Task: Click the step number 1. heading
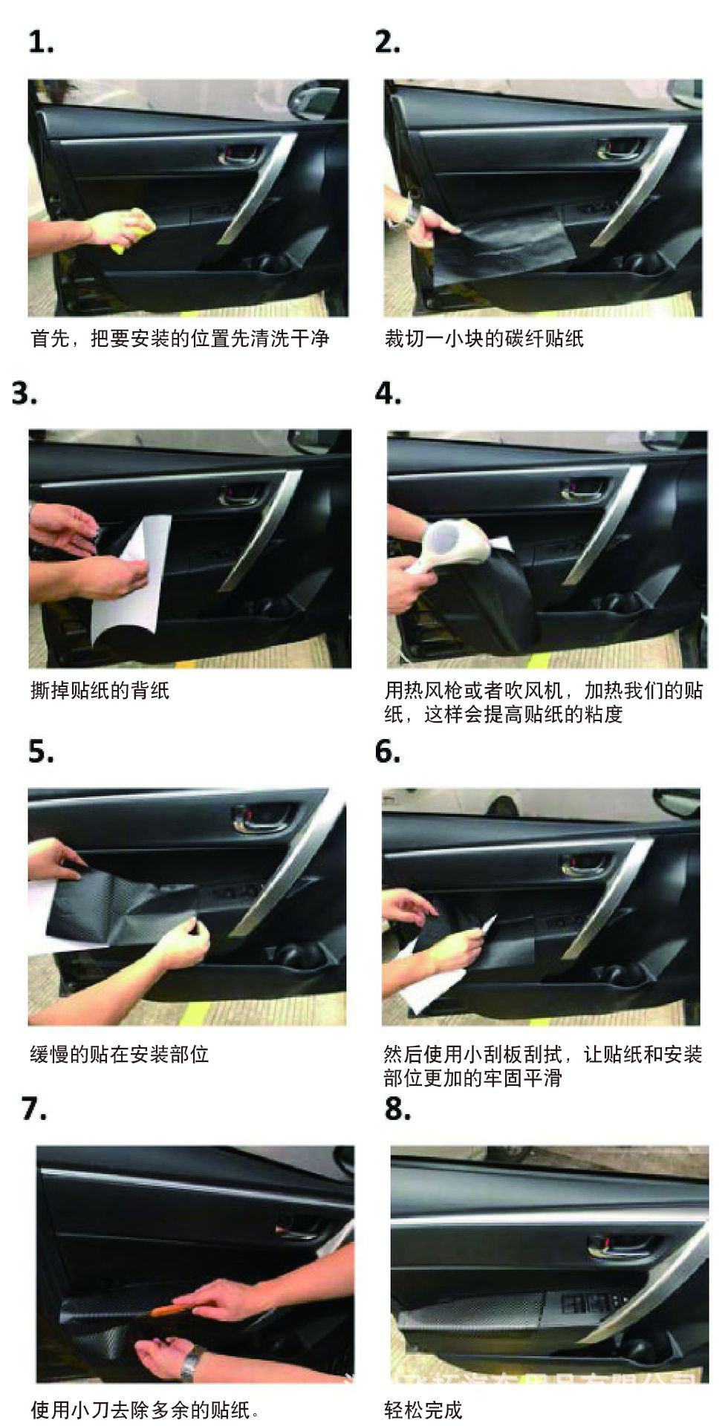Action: coord(41,42)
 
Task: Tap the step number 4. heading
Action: coord(388,393)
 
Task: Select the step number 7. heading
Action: coord(34,1108)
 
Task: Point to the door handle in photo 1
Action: coord(239,155)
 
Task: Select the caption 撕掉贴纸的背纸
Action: coord(100,691)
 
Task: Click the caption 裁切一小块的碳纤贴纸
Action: coord(484,339)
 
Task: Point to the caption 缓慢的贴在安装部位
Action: coord(119,1054)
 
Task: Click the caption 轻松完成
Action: coord(423,1410)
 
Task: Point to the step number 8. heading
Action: coord(397,1108)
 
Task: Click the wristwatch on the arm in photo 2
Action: coord(412,215)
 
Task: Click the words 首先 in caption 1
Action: coord(50,339)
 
